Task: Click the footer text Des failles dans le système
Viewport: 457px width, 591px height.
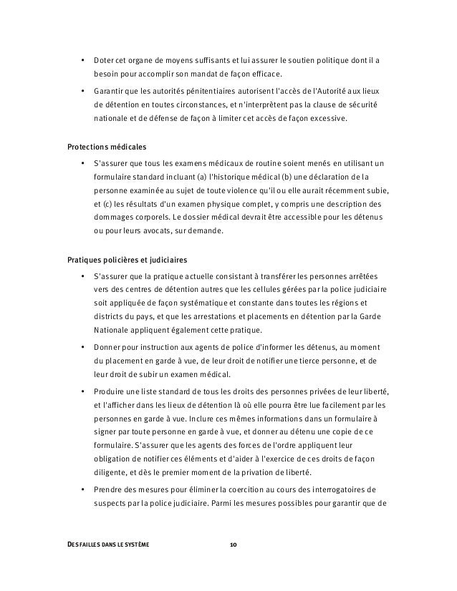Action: click(x=108, y=545)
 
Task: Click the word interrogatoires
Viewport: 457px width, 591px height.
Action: click(x=341, y=489)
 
